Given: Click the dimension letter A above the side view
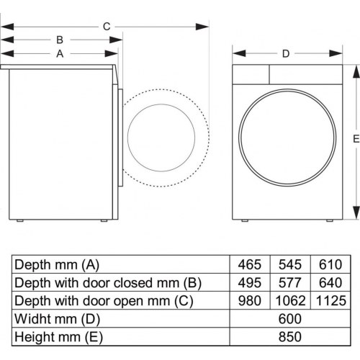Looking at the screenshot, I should coord(60,53).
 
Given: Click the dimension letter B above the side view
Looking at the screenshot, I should coord(60,40).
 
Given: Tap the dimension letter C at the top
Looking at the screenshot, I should coord(106,26).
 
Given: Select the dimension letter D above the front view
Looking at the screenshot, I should coord(285,53).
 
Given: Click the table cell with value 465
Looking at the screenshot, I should coord(249,264).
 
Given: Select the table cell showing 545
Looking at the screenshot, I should coord(288,264).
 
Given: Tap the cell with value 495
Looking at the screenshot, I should coord(249,282).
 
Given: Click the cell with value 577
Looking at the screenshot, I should coord(288,282).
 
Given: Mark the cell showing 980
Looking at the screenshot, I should coord(249,300).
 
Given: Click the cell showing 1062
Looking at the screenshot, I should coord(288,300).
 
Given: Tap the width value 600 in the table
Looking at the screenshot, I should coord(288,318).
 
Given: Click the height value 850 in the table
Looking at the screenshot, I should coord(288,336).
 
